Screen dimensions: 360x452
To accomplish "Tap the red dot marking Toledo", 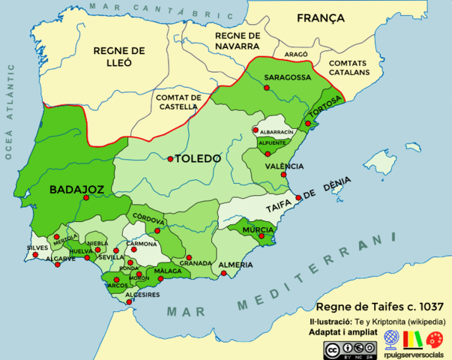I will pos(171,159).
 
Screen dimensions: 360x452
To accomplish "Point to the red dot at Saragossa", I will pos(266,88).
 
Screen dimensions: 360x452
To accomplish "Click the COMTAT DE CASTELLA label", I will pos(178,103).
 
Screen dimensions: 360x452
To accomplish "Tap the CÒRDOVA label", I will pos(148,221).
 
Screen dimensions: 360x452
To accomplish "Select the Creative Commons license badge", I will pos(351,349).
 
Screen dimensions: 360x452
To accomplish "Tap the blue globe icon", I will pos(391,338).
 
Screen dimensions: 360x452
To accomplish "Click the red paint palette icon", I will pos(435,339).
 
